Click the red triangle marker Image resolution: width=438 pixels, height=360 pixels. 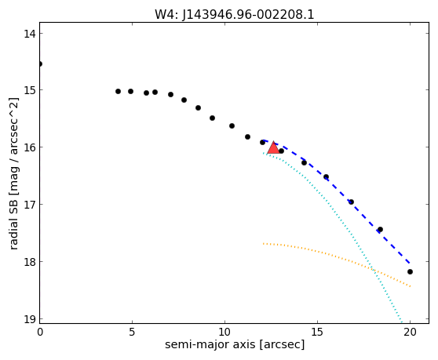pyautogui.click(x=273, y=148)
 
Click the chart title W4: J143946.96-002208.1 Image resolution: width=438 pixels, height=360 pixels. pyautogui.click(x=235, y=15)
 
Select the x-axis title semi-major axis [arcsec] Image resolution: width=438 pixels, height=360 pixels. pyautogui.click(x=235, y=344)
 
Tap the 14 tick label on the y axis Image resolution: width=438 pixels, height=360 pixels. pyautogui.click(x=29, y=34)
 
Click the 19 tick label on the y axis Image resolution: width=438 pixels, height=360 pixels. pyautogui.click(x=29, y=319)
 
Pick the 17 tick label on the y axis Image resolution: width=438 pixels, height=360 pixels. pyautogui.click(x=29, y=204)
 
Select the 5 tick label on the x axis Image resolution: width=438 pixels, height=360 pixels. pyautogui.click(x=132, y=332)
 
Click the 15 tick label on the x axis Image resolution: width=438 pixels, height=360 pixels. pyautogui.click(x=317, y=332)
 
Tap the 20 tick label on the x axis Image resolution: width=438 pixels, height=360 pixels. pyautogui.click(x=410, y=332)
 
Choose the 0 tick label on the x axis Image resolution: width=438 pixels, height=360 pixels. pyautogui.click(x=40, y=332)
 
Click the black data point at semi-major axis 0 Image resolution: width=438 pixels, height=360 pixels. pyautogui.click(x=40, y=64)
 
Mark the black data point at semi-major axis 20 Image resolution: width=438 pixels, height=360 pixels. pyautogui.click(x=410, y=271)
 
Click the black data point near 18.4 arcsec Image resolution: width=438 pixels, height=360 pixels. pyautogui.click(x=380, y=229)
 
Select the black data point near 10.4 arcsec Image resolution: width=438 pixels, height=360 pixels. pyautogui.click(x=232, y=125)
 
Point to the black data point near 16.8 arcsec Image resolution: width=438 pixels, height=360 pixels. pyautogui.click(x=351, y=202)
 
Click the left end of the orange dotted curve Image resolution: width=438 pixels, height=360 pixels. pyautogui.click(x=263, y=244)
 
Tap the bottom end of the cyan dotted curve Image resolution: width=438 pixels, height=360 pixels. pyautogui.click(x=402, y=323)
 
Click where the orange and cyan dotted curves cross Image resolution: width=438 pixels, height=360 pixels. pyautogui.click(x=372, y=269)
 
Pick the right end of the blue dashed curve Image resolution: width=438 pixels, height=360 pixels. pyautogui.click(x=410, y=263)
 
